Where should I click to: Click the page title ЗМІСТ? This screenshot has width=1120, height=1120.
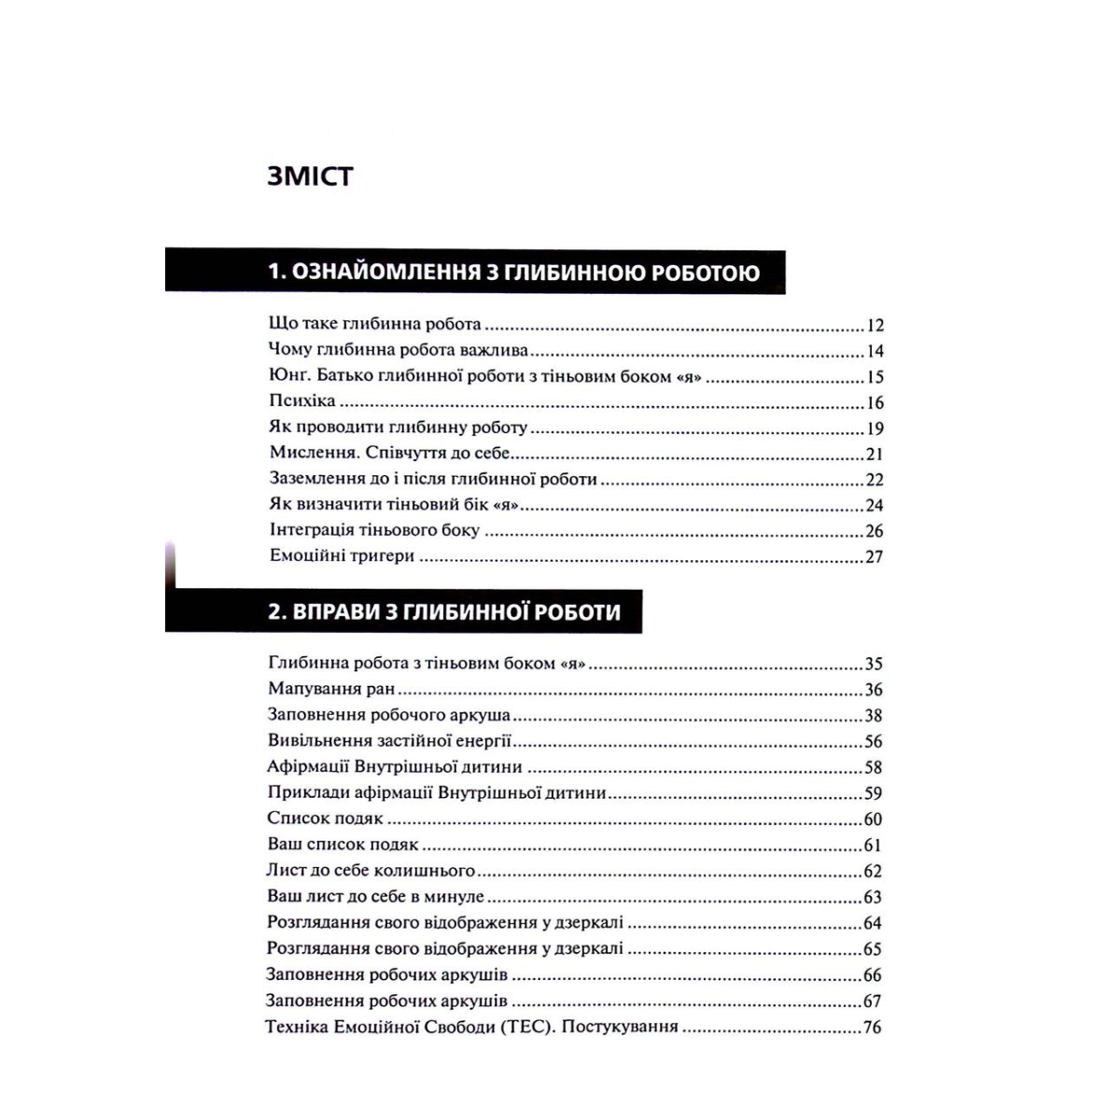pyautogui.click(x=310, y=176)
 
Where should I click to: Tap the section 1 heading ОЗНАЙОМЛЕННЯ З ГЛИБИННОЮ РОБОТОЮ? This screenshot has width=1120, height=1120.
pyautogui.click(x=513, y=273)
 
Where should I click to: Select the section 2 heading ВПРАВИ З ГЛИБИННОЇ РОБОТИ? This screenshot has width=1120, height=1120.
pyautogui.click(x=444, y=612)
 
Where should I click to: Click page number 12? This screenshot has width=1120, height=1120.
pyautogui.click(x=875, y=326)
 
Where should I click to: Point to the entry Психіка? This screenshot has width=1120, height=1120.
pyautogui.click(x=301, y=402)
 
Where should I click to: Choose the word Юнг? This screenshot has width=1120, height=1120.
pyautogui.click(x=287, y=377)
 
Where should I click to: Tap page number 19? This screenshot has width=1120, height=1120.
pyautogui.click(x=875, y=429)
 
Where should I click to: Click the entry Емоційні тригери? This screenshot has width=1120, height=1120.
pyautogui.click(x=342, y=556)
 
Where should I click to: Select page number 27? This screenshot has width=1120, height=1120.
pyautogui.click(x=875, y=557)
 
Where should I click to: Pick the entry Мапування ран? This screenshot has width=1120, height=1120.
pyautogui.click(x=331, y=690)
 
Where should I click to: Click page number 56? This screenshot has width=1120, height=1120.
pyautogui.click(x=874, y=742)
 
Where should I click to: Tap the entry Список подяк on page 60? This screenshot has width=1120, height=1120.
pyautogui.click(x=325, y=819)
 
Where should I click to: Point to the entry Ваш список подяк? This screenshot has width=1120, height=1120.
pyautogui.click(x=343, y=845)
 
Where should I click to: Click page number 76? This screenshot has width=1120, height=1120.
pyautogui.click(x=874, y=1029)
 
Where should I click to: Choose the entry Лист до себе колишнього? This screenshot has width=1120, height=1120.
pyautogui.click(x=371, y=871)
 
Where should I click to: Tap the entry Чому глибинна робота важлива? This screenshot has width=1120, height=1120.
pyautogui.click(x=398, y=351)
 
